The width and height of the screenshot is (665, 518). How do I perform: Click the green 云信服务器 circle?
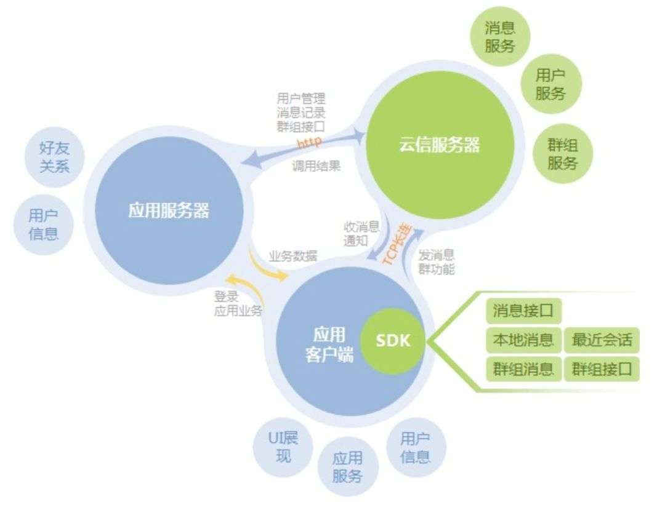438,145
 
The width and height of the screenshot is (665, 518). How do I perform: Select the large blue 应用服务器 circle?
168,210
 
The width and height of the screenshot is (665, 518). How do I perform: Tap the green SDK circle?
392,340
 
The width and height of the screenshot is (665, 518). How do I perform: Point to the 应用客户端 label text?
329,345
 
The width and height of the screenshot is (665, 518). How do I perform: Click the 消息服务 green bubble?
499,36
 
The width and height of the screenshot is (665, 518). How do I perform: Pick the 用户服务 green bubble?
550,84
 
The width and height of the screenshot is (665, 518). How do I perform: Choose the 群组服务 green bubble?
562,154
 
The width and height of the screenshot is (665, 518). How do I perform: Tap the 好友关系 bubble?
54,157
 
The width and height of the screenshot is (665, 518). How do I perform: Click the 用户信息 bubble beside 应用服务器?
43,224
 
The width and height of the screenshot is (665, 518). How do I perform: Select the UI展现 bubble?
283,447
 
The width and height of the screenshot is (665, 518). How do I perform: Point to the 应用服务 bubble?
347,467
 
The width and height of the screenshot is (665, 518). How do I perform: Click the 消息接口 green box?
523,311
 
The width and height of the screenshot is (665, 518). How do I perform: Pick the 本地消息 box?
523,340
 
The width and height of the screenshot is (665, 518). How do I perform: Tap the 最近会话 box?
602,340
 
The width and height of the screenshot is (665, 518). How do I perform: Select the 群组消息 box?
523,369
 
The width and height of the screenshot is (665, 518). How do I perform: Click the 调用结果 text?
316,166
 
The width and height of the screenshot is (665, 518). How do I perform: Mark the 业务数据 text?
293,257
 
